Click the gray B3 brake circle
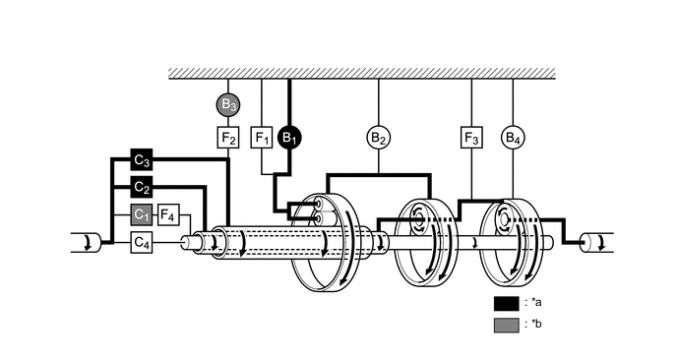(x=227, y=103)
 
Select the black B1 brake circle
(x=289, y=137)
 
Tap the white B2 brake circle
(x=379, y=137)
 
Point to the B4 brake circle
(x=513, y=137)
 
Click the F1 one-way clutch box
(x=262, y=137)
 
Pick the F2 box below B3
(x=227, y=137)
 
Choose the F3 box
(x=471, y=137)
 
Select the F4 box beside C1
(x=168, y=214)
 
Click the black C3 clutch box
(x=142, y=158)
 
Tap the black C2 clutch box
(x=142, y=187)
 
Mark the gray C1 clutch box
(x=142, y=214)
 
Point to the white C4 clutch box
(x=142, y=241)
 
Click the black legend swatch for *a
(x=507, y=303)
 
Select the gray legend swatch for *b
(x=507, y=325)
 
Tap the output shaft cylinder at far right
(x=595, y=242)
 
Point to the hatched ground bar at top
(x=359, y=74)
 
